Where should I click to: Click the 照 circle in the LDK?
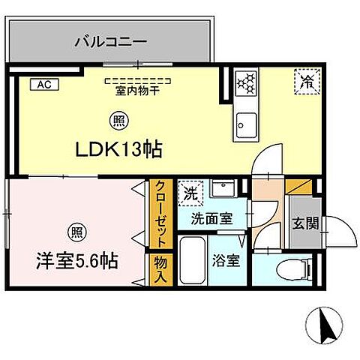click(x=118, y=118)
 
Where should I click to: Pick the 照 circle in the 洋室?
click(x=76, y=229)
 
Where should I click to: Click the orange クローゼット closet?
click(x=159, y=214)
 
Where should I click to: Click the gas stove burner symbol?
click(x=246, y=83)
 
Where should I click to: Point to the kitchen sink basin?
click(x=246, y=122)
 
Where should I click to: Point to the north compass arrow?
click(x=326, y=325)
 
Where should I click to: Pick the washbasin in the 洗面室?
click(x=223, y=190)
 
